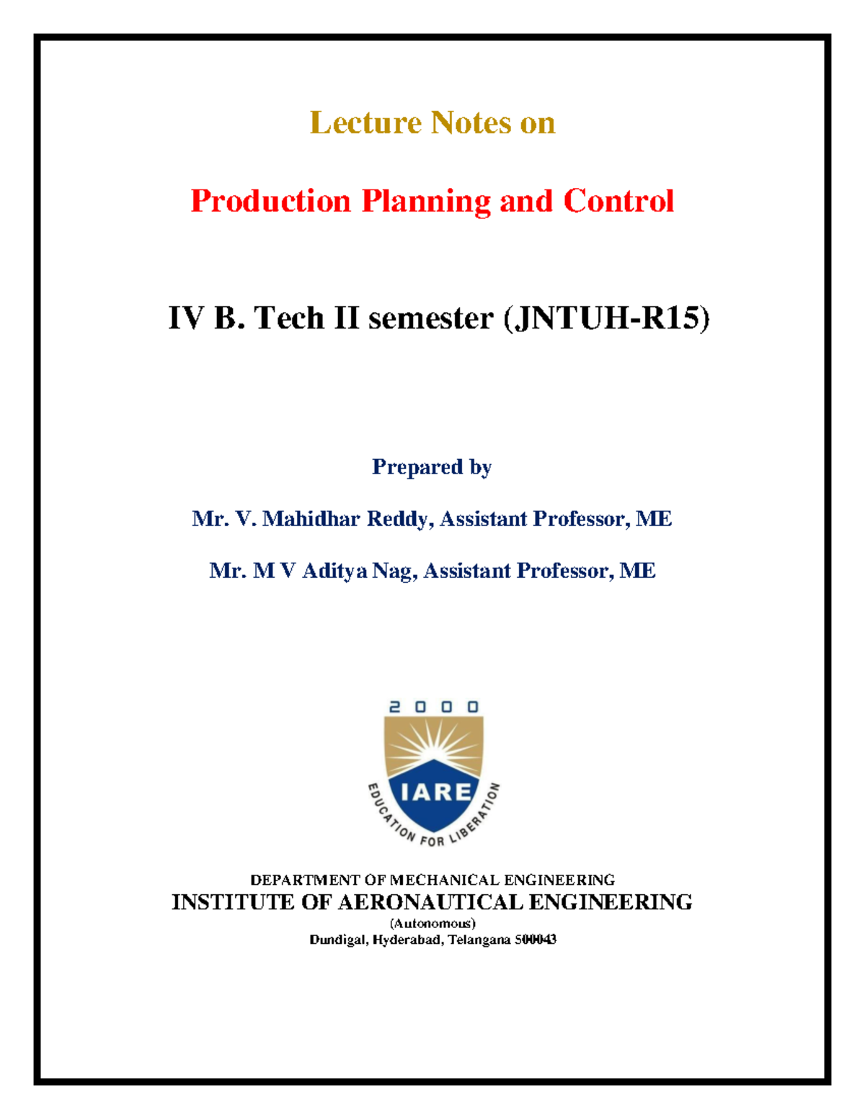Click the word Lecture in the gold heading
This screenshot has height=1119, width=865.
pos(365,123)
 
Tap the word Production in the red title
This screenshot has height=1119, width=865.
pos(270,201)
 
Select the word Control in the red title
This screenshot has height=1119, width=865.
pos(618,201)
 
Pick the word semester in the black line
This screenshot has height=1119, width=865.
pos(430,318)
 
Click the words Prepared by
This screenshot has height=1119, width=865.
pos(432,468)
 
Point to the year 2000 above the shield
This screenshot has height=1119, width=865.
pos(433,708)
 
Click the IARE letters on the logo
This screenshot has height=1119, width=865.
pos(435,793)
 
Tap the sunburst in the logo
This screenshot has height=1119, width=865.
pos(433,742)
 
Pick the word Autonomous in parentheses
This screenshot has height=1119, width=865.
pos(432,924)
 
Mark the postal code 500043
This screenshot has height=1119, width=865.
pos(535,940)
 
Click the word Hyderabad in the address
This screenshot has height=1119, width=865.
pos(408,940)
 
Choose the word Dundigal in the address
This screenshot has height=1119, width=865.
pos(338,940)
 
